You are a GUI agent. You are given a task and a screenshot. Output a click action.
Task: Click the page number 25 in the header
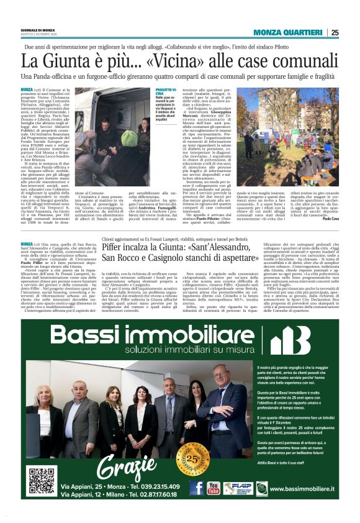tap(335, 33)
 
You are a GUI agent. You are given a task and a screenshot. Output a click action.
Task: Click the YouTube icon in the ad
tap(214, 488)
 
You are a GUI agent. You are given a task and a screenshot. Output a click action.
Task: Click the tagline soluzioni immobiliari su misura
tap(166, 354)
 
